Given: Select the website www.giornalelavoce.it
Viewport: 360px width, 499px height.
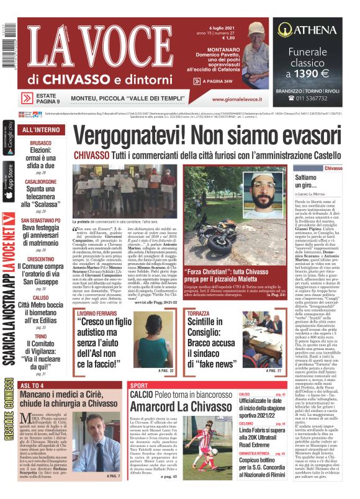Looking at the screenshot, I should (239, 98).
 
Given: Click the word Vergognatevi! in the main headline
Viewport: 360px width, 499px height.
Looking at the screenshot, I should (132, 135).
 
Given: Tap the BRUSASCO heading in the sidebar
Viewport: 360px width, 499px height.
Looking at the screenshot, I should (41, 143).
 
